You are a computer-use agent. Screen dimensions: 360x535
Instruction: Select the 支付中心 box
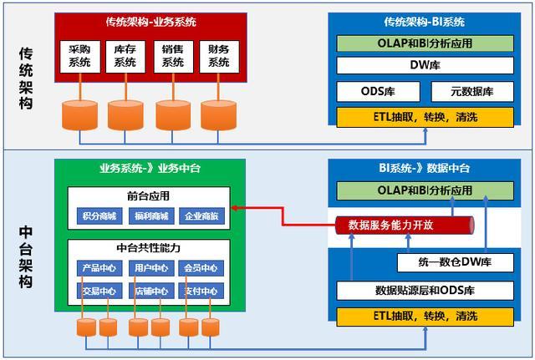click(201, 291)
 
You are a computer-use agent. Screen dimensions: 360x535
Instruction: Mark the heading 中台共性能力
click(148, 247)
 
